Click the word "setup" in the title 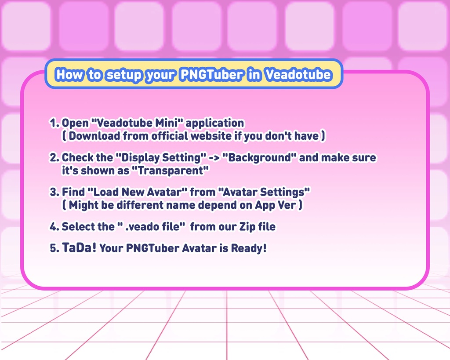click(x=124, y=75)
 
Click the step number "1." click(x=54, y=123)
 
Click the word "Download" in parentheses click(x=94, y=136)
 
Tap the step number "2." click(x=54, y=157)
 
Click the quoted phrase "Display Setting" click(x=161, y=157)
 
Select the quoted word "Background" click(x=259, y=157)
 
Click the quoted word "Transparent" click(x=170, y=171)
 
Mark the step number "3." click(x=54, y=192)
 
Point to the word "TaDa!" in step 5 click(x=79, y=248)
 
